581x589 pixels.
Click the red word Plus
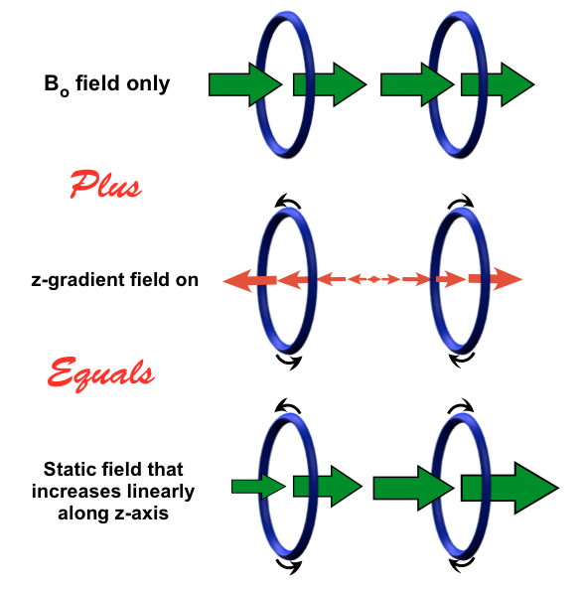105,184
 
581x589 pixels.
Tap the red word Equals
100,373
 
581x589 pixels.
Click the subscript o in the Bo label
65,92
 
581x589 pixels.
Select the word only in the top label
148,84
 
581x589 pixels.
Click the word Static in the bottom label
67,469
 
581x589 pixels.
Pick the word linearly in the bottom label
161,492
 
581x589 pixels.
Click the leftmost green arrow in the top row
245,84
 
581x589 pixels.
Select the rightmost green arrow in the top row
498,84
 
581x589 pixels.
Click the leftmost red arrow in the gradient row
249,280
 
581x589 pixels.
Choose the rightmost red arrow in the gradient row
496,279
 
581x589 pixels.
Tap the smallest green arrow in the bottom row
258,487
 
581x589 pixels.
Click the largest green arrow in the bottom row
510,488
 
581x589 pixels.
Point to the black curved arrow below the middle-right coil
461,360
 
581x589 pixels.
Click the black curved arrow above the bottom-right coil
461,405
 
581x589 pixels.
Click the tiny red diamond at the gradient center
373,279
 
